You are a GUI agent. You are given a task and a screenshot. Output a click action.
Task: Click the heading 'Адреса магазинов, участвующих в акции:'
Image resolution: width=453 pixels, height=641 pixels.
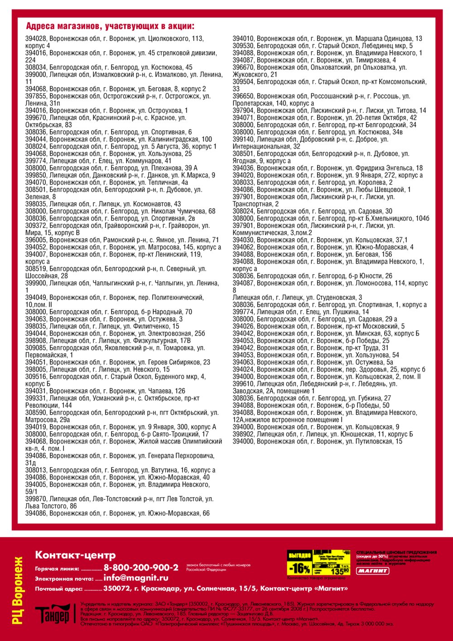(110, 26)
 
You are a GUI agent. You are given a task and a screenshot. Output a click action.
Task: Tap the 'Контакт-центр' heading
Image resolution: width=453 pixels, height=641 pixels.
(75, 555)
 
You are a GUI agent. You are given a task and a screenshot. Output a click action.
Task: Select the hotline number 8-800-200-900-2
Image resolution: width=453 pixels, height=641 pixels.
(141, 568)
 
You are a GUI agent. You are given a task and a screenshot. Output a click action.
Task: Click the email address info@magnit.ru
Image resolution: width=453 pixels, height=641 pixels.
(135, 578)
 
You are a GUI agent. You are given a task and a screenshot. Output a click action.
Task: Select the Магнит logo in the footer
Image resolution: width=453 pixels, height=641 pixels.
(372, 571)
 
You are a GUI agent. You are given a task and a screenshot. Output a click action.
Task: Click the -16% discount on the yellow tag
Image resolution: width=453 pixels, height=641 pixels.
(299, 568)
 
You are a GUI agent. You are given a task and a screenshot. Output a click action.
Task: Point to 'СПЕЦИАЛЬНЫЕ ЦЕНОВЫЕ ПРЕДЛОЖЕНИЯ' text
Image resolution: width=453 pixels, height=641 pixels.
(396, 553)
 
